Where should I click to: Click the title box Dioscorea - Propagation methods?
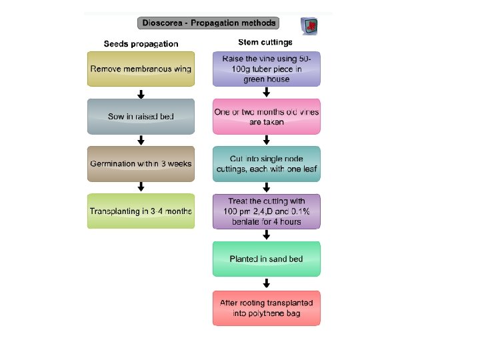208,23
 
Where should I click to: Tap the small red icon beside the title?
309,26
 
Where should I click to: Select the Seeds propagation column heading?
141,44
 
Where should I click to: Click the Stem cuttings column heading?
266,43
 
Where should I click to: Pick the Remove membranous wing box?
141,69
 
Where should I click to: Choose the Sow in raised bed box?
141,117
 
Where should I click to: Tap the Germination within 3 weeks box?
141,164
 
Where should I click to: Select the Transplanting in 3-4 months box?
141,211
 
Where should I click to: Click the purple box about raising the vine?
267,69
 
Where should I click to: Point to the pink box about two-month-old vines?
267,117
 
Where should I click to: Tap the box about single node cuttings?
267,164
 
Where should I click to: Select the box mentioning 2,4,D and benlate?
267,211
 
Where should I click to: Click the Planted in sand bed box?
267,259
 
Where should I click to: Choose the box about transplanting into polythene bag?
267,307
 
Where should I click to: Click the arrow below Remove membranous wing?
141,93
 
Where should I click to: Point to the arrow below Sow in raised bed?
141,140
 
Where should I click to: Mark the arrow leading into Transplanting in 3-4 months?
141,187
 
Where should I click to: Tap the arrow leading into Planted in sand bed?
267,235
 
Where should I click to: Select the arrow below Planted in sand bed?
267,283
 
